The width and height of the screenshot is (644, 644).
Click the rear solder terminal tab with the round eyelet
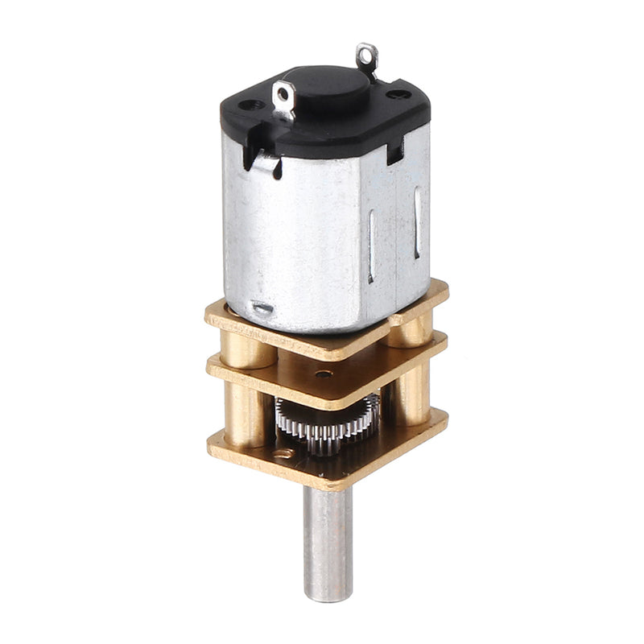368,56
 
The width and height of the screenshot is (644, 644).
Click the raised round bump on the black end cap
327,83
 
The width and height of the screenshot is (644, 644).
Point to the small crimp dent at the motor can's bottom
263,308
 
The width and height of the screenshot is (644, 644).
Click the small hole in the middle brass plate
324,374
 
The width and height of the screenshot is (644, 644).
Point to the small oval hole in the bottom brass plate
282,457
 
